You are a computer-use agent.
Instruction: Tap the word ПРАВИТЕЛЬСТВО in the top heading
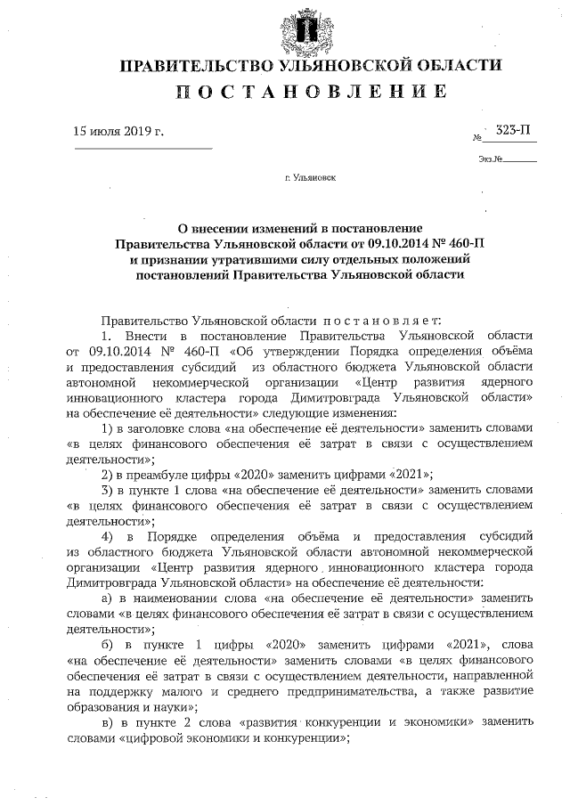click(193, 65)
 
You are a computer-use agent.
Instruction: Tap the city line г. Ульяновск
click(311, 178)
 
